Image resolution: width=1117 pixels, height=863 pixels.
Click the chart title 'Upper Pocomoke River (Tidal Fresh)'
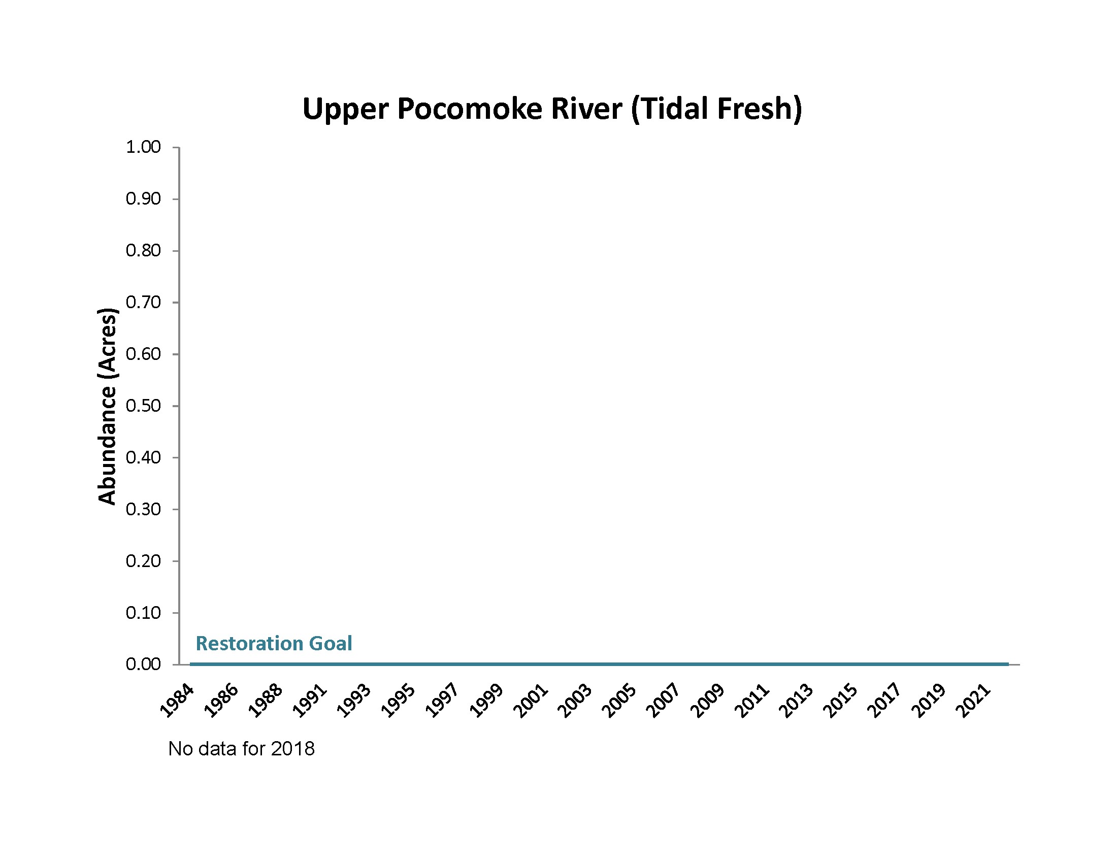coord(552,109)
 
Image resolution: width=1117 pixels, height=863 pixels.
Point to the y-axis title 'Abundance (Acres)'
coord(107,407)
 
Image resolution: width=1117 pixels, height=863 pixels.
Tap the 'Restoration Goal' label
coord(274,643)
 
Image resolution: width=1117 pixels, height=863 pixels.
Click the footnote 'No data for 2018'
coord(241,749)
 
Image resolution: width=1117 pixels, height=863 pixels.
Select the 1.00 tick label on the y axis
coord(143,147)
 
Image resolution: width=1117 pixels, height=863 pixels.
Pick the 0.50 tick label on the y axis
coord(143,406)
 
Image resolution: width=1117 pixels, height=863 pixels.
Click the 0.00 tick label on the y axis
coord(143,665)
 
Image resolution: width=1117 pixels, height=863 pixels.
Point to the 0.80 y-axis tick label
coord(143,250)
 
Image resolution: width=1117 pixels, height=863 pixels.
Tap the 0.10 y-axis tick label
coord(143,613)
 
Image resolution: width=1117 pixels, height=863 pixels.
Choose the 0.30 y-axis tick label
coord(143,509)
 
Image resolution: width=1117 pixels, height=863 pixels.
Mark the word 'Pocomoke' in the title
coord(470,109)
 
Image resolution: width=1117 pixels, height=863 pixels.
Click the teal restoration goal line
coord(599,664)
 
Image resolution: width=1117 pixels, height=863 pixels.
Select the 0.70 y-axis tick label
coord(143,302)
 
